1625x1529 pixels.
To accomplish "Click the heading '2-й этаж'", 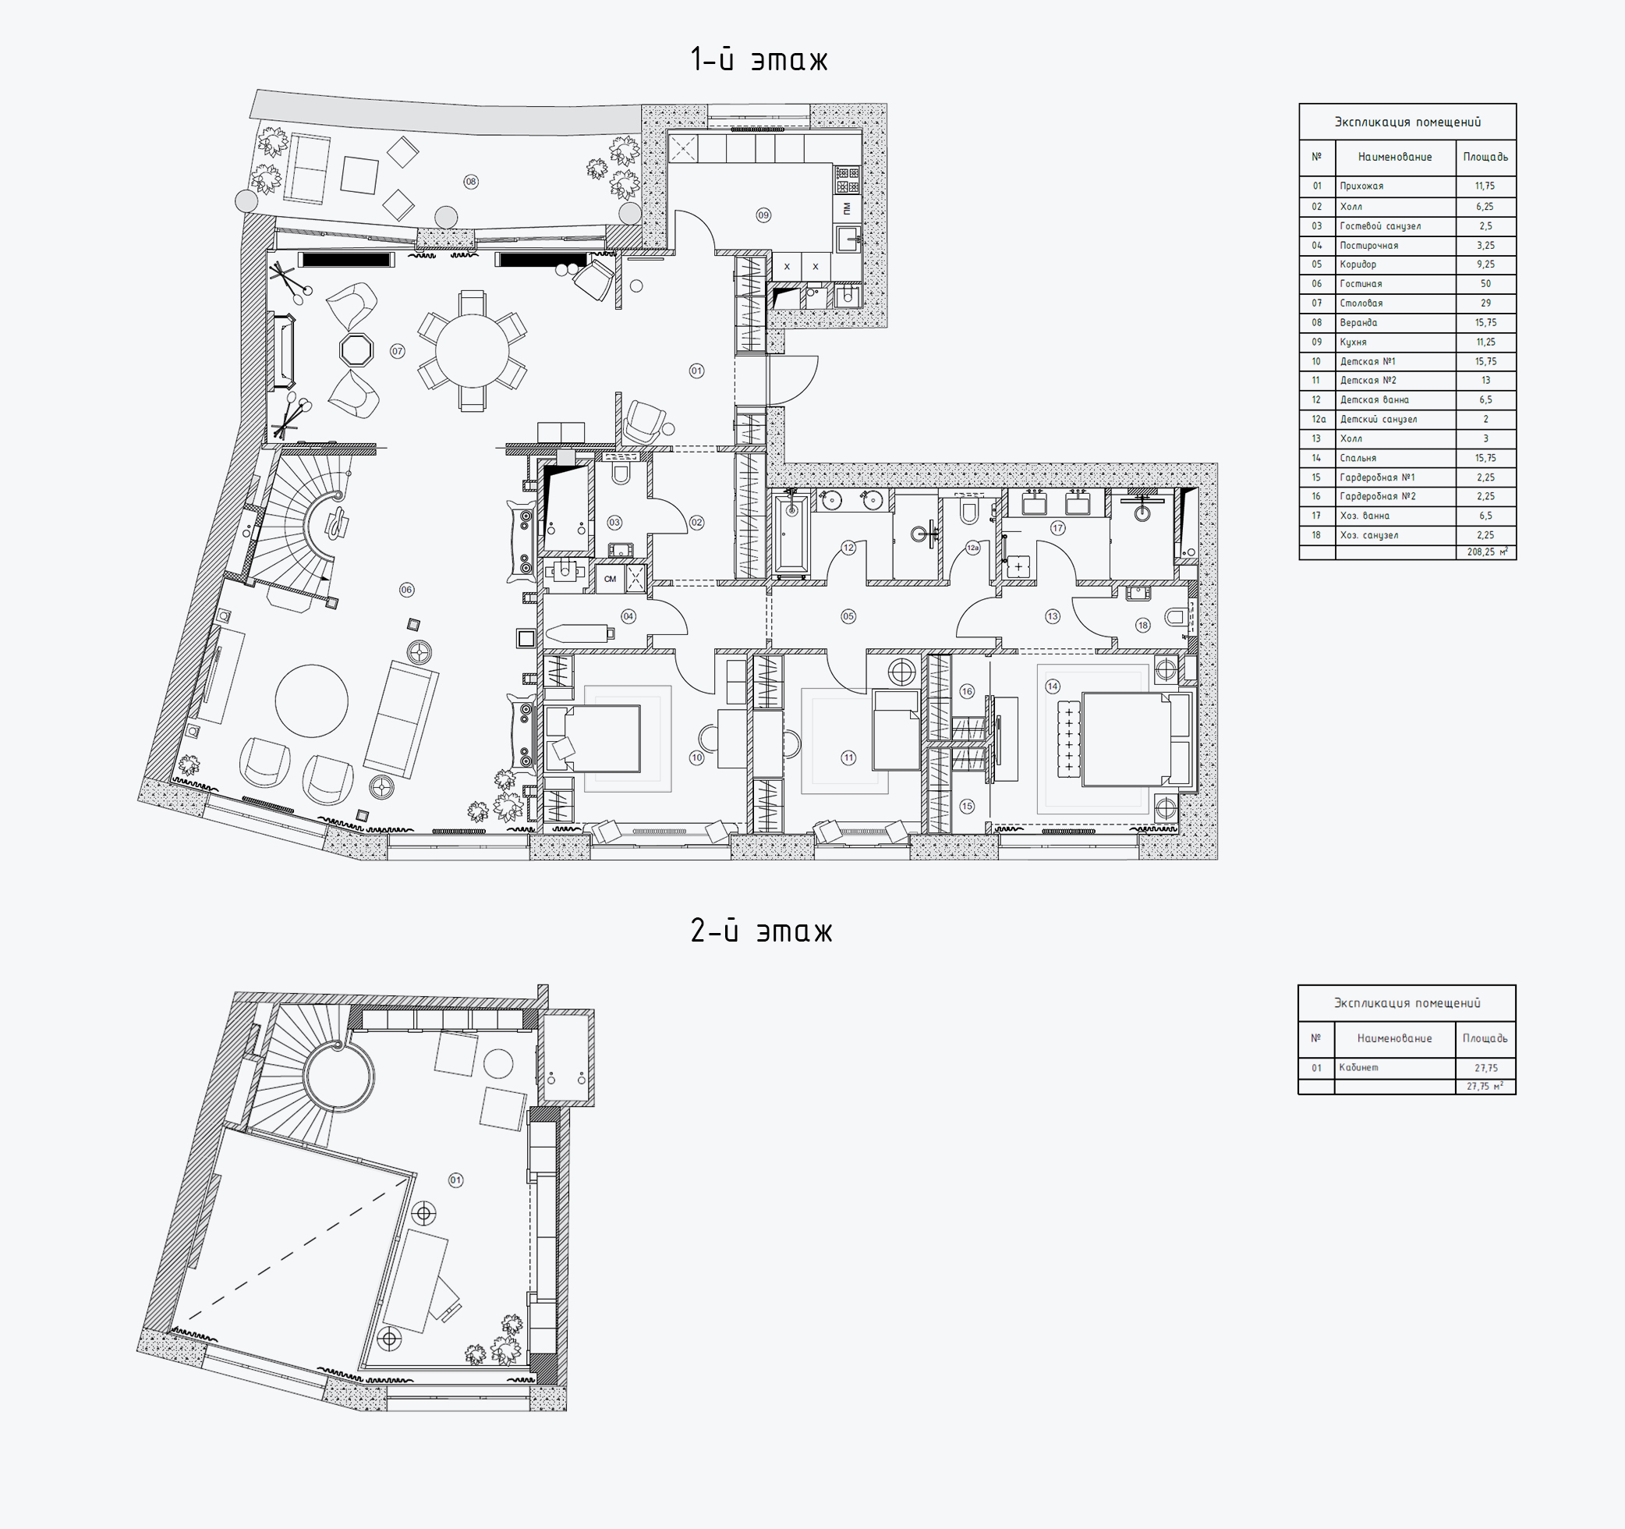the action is tap(761, 931).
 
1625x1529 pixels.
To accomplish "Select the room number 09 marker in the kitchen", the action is tap(763, 215).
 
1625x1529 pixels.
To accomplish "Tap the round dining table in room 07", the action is tap(472, 351).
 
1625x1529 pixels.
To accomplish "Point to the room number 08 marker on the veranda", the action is tap(471, 182).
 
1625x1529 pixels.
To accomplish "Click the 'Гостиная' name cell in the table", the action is tap(1361, 284).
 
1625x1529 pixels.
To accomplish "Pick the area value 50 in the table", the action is tap(1485, 284).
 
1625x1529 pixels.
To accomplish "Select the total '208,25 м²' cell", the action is tap(1487, 552).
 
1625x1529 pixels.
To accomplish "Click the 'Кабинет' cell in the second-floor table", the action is tap(1358, 1068).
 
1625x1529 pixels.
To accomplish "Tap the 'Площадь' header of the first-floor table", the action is tap(1485, 157).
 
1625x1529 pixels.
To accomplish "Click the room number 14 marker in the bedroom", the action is tap(1052, 686).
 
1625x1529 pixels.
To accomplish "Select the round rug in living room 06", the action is tap(311, 701).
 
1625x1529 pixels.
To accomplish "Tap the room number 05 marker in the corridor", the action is tap(848, 616).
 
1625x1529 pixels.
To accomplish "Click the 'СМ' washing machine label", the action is tap(610, 579).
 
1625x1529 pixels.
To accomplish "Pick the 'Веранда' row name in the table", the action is tap(1358, 323).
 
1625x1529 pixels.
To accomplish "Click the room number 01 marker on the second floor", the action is tap(455, 1180).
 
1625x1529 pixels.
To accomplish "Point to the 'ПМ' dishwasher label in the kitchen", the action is tap(847, 208).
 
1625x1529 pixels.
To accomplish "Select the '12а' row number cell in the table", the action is tap(1319, 420).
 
